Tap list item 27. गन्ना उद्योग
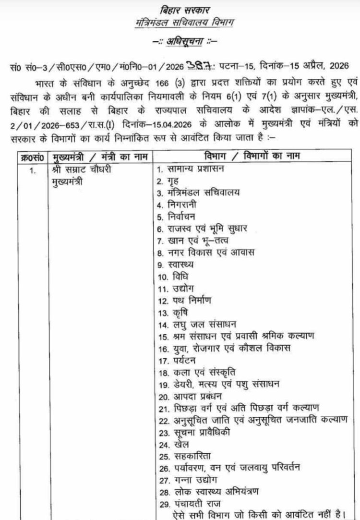[x=182, y=479]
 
